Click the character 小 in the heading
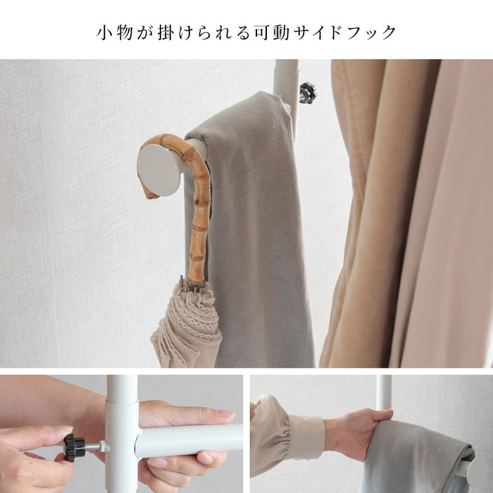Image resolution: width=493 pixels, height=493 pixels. click(x=104, y=32)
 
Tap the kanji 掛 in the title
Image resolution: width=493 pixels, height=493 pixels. click(x=166, y=32)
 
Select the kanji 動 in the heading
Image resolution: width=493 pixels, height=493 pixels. click(x=281, y=32)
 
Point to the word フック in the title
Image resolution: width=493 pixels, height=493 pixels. click(x=369, y=32)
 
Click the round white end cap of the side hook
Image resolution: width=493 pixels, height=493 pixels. click(x=158, y=170)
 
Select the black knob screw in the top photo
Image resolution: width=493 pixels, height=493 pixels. click(x=309, y=93)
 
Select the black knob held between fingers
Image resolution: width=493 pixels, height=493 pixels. click(x=75, y=448)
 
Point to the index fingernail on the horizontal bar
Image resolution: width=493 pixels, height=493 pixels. click(x=226, y=414)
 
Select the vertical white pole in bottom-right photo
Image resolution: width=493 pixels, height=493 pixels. click(x=384, y=392)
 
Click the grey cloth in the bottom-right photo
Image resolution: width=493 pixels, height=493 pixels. click(x=415, y=459)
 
